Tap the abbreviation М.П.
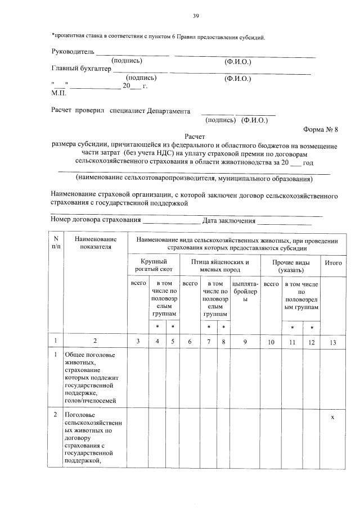coord(58,93)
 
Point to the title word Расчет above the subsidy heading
coord(195,137)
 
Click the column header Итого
coord(333,262)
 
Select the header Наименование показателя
coord(94,243)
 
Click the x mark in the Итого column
coord(332,416)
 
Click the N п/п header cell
coord(56,243)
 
